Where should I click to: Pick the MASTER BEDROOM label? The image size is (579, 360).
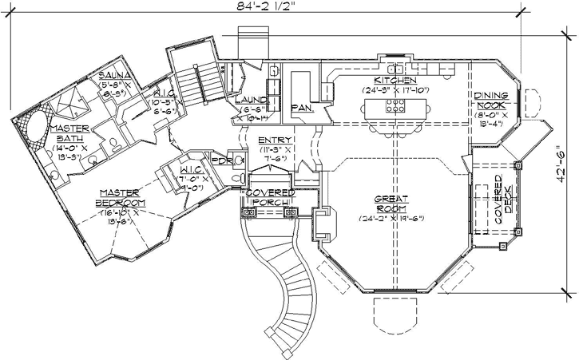[x=121, y=197]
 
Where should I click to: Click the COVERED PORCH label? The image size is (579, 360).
[x=270, y=197]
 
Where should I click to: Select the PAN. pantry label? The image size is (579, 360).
[x=301, y=106]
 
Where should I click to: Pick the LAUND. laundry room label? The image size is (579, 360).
[x=250, y=100]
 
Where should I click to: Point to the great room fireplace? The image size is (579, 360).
[x=324, y=224]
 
